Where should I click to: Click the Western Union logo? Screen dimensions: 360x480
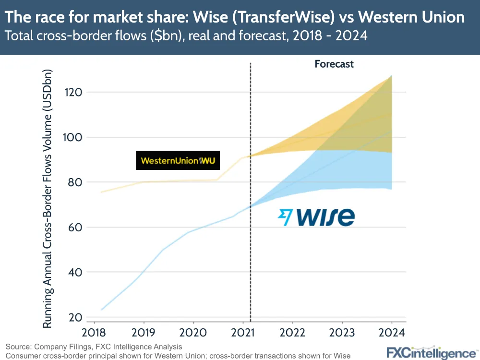(x=178, y=160)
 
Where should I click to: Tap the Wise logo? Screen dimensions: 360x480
(x=316, y=217)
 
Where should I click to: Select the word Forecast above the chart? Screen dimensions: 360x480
(x=334, y=64)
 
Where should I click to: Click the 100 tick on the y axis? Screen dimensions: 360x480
(x=73, y=137)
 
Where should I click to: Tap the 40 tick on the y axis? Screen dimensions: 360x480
(x=75, y=272)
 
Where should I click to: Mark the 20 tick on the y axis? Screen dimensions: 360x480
(x=75, y=317)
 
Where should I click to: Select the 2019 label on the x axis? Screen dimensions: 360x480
(x=143, y=332)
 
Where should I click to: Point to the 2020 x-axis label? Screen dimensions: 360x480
(x=193, y=332)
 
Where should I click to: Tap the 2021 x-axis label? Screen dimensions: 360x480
(x=242, y=332)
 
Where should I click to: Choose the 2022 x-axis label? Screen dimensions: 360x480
(x=292, y=332)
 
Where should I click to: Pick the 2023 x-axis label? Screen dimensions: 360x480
(x=342, y=332)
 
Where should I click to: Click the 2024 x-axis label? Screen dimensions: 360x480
(x=392, y=332)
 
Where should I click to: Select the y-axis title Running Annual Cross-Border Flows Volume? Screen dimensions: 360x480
(x=47, y=199)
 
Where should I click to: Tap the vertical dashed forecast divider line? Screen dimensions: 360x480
(x=251, y=192)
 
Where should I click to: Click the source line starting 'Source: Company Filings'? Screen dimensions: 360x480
(x=94, y=347)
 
